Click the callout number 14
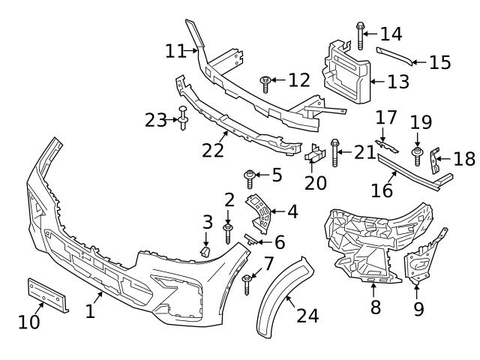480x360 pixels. coord(391,34)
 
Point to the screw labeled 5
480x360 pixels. coord(250,178)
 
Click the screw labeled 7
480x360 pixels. coord(247,283)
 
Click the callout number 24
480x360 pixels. coord(307,316)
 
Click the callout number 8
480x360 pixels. coord(375,307)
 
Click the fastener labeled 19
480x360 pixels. coord(417,155)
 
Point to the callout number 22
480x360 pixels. coord(213,150)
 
